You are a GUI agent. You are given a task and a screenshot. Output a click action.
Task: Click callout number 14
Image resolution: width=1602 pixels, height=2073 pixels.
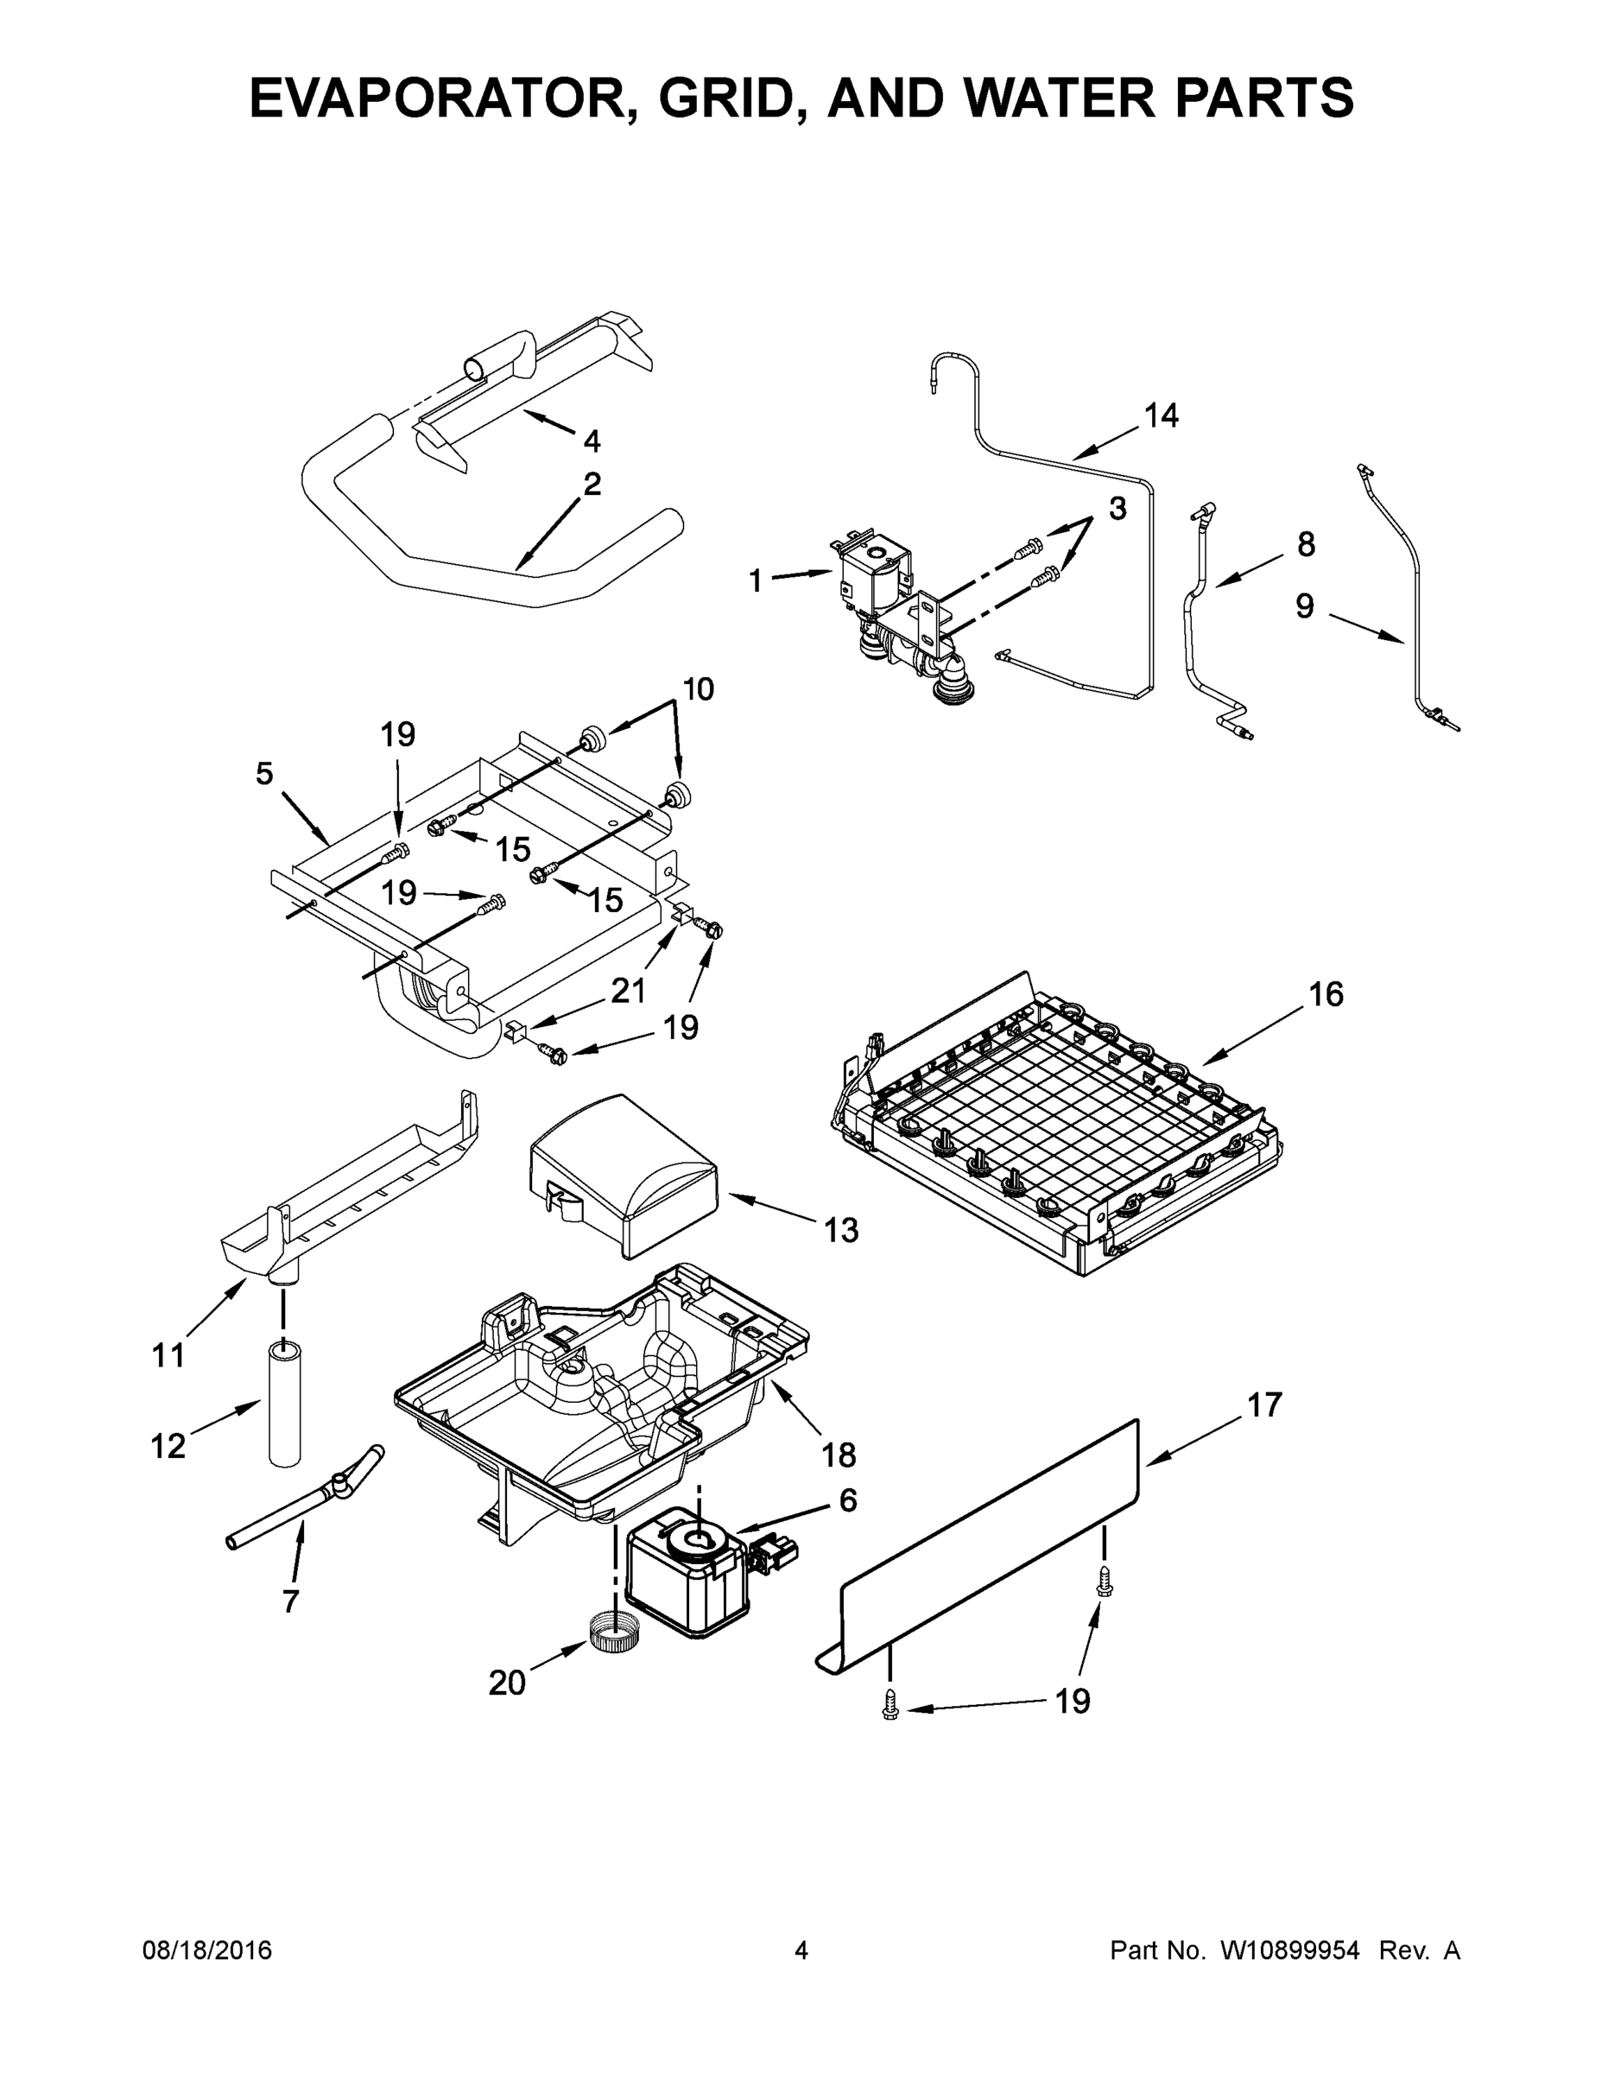[x=1161, y=415]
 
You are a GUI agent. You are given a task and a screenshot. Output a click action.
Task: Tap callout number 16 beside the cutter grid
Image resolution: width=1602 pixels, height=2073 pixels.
[x=1326, y=995]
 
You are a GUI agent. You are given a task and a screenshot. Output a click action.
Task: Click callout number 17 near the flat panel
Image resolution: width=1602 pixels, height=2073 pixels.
[x=1264, y=1404]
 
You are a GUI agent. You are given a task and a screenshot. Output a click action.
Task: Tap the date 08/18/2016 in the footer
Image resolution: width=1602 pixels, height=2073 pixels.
[x=207, y=1951]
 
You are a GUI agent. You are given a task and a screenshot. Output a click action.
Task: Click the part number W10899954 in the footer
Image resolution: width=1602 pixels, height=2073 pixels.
[x=1289, y=1951]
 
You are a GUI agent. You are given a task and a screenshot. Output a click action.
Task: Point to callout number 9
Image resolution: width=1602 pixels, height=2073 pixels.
[x=1305, y=606]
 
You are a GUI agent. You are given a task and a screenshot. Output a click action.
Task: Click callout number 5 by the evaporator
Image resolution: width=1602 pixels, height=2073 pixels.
[x=265, y=774]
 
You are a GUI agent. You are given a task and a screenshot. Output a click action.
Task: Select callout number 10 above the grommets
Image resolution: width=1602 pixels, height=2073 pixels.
[x=698, y=689]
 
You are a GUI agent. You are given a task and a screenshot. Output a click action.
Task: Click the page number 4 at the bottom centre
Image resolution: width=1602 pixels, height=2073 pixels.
[x=801, y=1951]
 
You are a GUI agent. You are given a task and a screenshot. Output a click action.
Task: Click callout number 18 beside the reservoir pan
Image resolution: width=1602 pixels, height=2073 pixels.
[x=838, y=1455]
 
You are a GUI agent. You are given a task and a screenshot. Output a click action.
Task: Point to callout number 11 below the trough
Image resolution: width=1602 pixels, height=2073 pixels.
[x=168, y=1356]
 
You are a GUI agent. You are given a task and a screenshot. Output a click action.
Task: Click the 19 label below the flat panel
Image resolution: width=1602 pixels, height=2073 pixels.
[x=1073, y=1702]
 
